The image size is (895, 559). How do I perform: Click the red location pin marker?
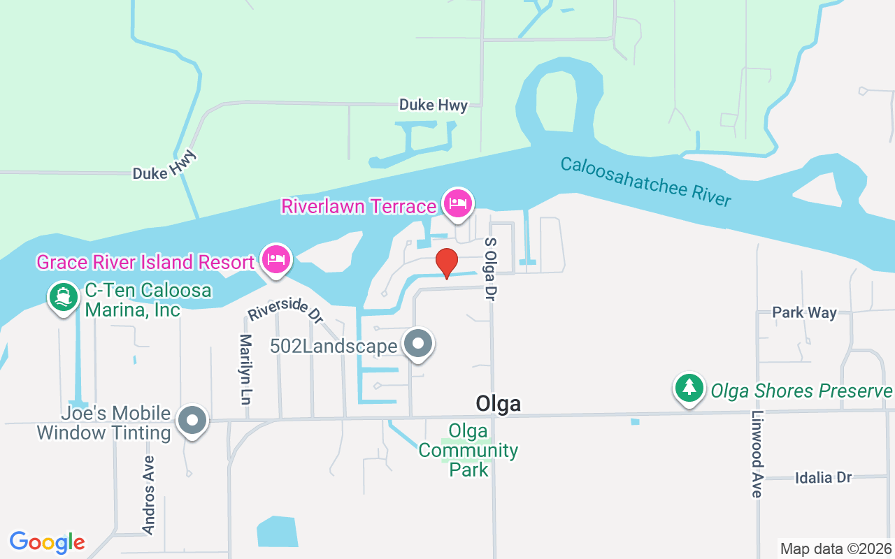click(447, 262)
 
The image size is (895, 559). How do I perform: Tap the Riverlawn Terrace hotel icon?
click(457, 203)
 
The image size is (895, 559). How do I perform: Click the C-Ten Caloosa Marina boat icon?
click(64, 297)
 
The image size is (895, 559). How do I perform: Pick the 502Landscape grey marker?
click(418, 344)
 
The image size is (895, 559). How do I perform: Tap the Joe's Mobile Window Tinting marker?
click(192, 421)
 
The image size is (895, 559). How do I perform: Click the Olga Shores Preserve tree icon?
click(689, 387)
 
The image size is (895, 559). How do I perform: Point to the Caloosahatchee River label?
click(645, 182)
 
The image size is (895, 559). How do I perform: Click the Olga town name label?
click(498, 403)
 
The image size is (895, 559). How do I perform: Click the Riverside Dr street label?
click(285, 310)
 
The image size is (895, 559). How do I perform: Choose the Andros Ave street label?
click(148, 495)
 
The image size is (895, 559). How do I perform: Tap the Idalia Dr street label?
click(823, 478)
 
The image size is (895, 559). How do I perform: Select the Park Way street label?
click(804, 312)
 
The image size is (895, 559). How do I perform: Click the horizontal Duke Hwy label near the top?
click(433, 105)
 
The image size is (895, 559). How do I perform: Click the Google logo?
click(47, 542)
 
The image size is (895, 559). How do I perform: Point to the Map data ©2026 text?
click(836, 549)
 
